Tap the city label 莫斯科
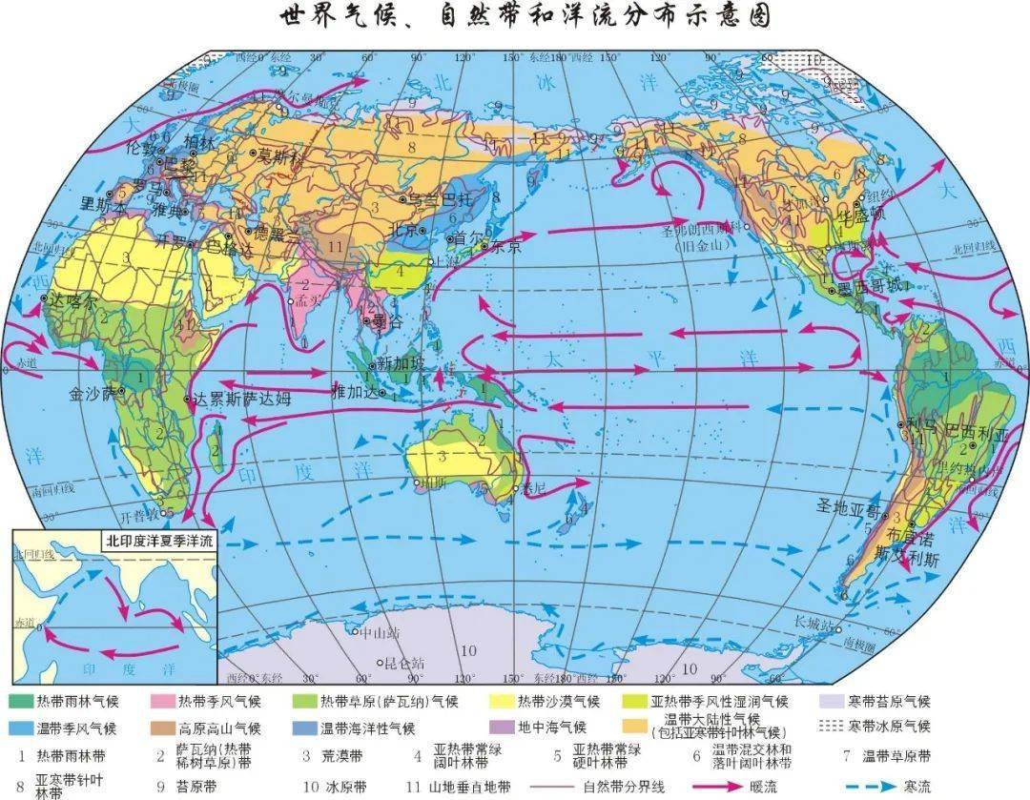[x=280, y=154]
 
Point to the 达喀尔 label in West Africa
[x=74, y=298]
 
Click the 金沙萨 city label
[x=94, y=392]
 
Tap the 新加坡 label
[x=398, y=362]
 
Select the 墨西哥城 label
[x=870, y=288]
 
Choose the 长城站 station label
[x=814, y=623]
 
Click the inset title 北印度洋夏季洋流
[x=160, y=540]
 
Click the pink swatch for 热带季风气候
[x=164, y=701]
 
